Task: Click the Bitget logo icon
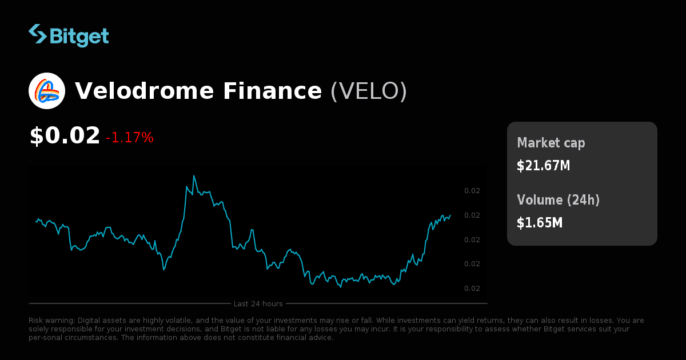tap(38, 34)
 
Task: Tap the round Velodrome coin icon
tap(47, 91)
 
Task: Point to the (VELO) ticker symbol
tap(369, 91)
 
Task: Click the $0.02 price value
tap(65, 136)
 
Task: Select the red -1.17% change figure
tap(130, 138)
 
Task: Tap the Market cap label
tap(551, 143)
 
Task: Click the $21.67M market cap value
tap(543, 166)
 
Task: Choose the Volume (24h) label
tap(558, 200)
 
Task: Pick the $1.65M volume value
tap(540, 222)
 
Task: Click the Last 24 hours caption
tap(258, 303)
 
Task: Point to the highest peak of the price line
tap(194, 176)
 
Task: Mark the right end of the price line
tap(450, 215)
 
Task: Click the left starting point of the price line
tap(36, 221)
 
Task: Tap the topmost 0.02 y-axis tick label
tap(472, 191)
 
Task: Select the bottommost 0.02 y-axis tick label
tap(472, 289)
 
